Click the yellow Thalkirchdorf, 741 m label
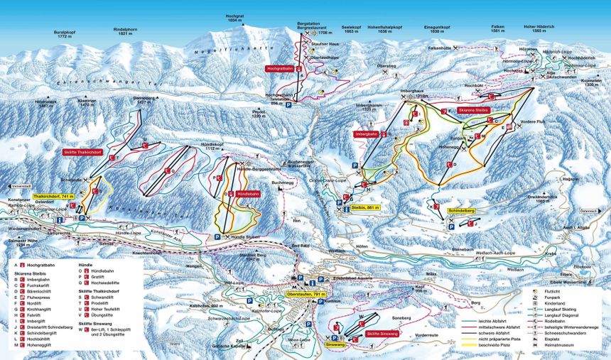pyautogui.click(x=53, y=196)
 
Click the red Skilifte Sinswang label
pyautogui.click(x=383, y=333)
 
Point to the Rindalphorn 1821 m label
pyautogui.click(x=125, y=31)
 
